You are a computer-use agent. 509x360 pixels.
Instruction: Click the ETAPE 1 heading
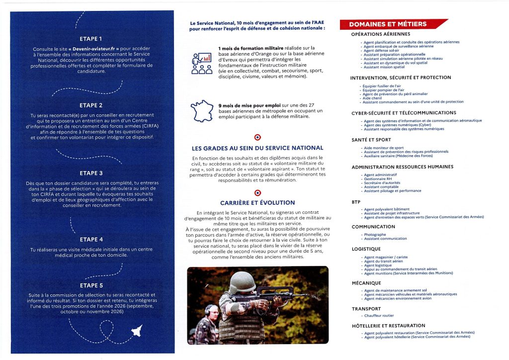click(x=91, y=38)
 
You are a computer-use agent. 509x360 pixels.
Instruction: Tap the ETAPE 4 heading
click(x=91, y=239)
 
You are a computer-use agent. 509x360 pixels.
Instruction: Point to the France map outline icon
click(x=202, y=111)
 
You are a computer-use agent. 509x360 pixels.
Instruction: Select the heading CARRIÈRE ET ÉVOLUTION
click(x=257, y=202)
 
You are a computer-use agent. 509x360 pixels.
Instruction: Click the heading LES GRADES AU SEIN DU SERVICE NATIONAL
click(x=257, y=148)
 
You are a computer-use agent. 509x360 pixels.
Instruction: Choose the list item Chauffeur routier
click(x=379, y=315)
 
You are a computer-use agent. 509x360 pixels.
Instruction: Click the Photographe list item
click(x=375, y=234)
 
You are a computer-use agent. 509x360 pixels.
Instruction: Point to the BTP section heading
click(x=356, y=202)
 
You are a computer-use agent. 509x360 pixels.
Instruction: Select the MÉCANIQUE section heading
click(x=366, y=283)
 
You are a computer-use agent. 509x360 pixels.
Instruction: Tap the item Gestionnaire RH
click(x=378, y=179)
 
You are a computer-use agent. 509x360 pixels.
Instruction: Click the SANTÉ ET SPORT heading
click(x=371, y=140)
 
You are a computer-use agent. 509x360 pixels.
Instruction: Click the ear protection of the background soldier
click(x=208, y=311)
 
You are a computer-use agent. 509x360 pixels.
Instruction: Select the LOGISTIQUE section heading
click(x=366, y=249)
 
